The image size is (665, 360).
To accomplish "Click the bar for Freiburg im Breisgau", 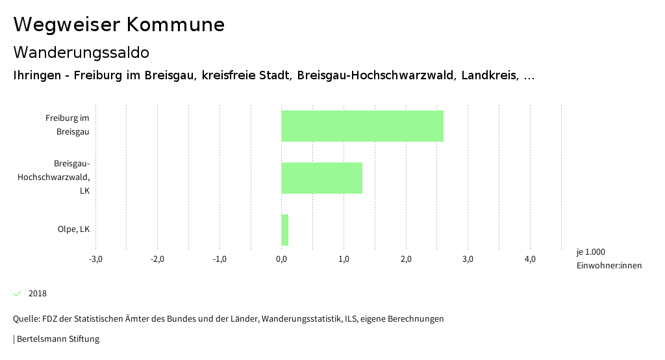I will coord(362,126).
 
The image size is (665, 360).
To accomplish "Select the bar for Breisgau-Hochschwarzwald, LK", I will coord(321,178).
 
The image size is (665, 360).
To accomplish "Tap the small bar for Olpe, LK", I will coord(284,230).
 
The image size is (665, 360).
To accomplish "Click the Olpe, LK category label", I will coord(73,229).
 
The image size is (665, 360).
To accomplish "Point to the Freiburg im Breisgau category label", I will coord(67,125).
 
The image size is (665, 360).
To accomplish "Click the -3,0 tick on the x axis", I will coord(95,259).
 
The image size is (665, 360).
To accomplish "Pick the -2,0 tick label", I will coord(157,259).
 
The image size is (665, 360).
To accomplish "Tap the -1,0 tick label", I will coord(220,259).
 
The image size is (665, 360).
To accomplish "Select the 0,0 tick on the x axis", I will coord(282,259).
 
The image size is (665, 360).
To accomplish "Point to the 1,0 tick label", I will coord(344,259).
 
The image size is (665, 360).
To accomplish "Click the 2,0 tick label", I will coord(406,259).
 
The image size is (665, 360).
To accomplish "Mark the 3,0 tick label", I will coord(468,259).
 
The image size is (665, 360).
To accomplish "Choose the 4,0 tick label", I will coord(530,259).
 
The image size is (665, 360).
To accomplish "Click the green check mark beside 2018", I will coord(18,294).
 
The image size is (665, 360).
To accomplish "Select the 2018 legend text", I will coord(38,294).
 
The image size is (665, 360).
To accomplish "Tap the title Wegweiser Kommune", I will coord(119,25).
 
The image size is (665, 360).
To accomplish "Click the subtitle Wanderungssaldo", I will coord(81,52).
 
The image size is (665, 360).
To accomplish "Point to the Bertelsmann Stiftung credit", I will coord(57,339).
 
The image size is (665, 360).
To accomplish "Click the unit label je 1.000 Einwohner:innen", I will coord(609,259).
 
